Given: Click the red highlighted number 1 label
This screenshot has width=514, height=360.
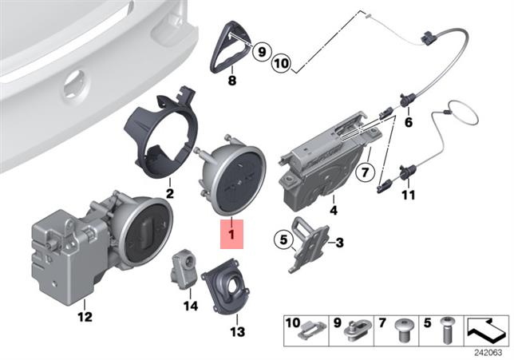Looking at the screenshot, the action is click(231, 234).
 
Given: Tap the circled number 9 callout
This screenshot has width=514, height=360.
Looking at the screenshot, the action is click(262, 51).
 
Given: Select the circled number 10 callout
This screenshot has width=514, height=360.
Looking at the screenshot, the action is click(282, 62).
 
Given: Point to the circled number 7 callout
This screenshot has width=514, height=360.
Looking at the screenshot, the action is click(366, 172).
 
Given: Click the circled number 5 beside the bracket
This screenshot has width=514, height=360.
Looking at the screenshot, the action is click(283, 239).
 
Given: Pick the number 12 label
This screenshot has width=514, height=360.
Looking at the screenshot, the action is click(85, 317).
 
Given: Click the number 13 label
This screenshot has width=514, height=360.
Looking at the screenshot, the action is click(237, 332).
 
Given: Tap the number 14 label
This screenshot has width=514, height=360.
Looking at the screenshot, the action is click(191, 307).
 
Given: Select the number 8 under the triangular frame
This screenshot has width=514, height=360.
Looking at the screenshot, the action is click(232, 81).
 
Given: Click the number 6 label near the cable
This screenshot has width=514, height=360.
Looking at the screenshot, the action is click(409, 123).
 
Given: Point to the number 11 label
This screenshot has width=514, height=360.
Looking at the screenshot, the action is click(409, 196).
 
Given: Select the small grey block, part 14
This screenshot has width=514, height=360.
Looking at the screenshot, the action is click(184, 269).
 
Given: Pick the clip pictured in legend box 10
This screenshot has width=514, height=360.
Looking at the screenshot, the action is click(312, 331).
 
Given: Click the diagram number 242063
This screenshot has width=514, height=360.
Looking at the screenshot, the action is click(488, 353).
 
